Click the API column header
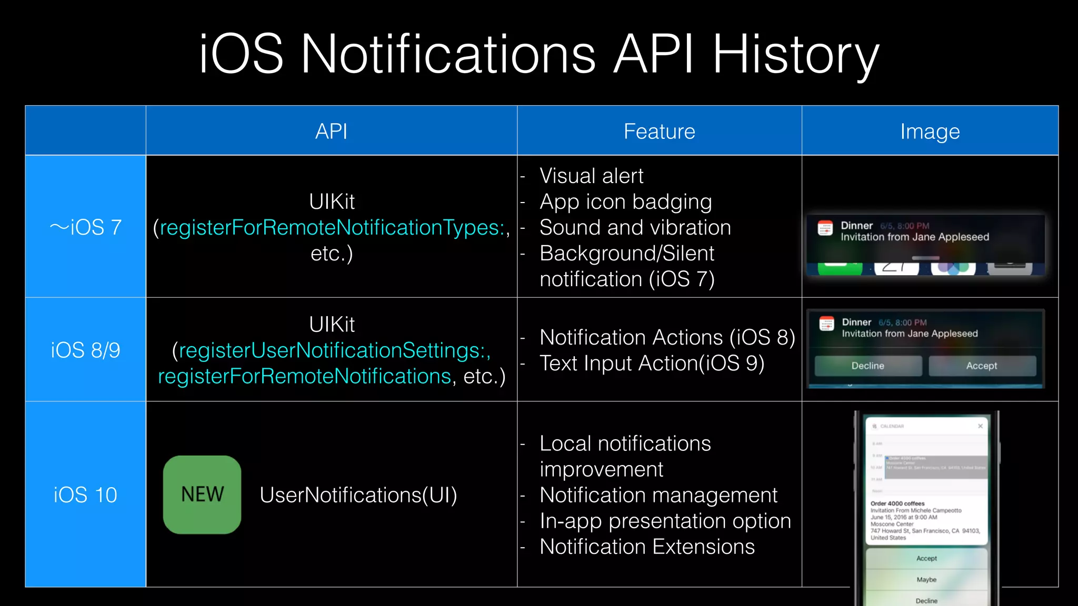point(331,131)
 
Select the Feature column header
point(659,131)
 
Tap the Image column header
point(930,131)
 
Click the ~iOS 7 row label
point(85,227)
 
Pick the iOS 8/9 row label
point(85,350)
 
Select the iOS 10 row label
point(85,494)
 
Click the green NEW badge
point(202,494)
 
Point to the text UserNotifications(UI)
point(358,495)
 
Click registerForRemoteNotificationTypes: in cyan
point(332,227)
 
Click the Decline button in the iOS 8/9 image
point(867,366)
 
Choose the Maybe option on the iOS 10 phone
point(926,579)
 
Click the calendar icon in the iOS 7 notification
point(825,229)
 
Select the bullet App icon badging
point(625,201)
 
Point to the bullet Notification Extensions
point(647,547)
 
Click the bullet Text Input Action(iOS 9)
point(652,363)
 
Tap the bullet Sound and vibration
point(635,227)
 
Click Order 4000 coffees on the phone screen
point(897,503)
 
